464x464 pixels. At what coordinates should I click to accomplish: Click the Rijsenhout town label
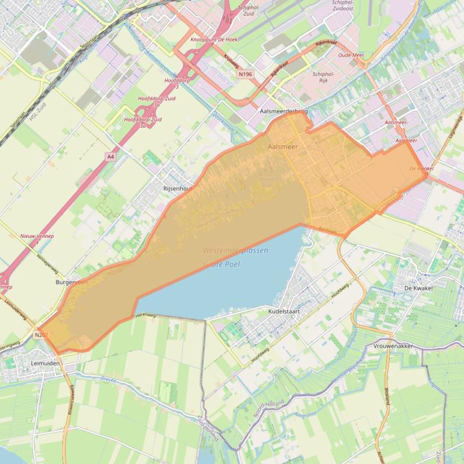(177, 189)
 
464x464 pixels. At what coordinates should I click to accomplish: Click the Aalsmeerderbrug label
(284, 111)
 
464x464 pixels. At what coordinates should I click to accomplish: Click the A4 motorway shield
(110, 157)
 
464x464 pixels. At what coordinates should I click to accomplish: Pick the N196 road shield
(245, 74)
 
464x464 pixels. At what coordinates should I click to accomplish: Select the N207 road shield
(41, 334)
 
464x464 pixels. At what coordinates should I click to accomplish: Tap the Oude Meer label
(351, 55)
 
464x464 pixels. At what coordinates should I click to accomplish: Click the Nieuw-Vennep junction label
(37, 236)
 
